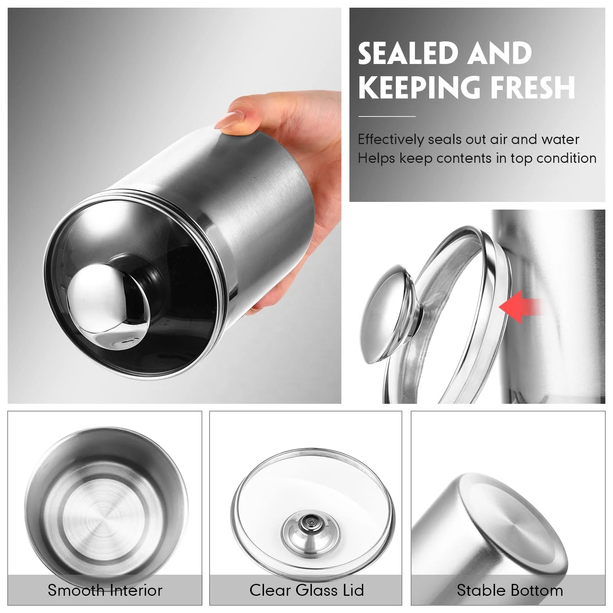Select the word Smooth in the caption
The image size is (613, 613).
click(74, 590)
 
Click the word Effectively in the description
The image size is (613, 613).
click(390, 139)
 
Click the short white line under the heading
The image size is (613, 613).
click(387, 116)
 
